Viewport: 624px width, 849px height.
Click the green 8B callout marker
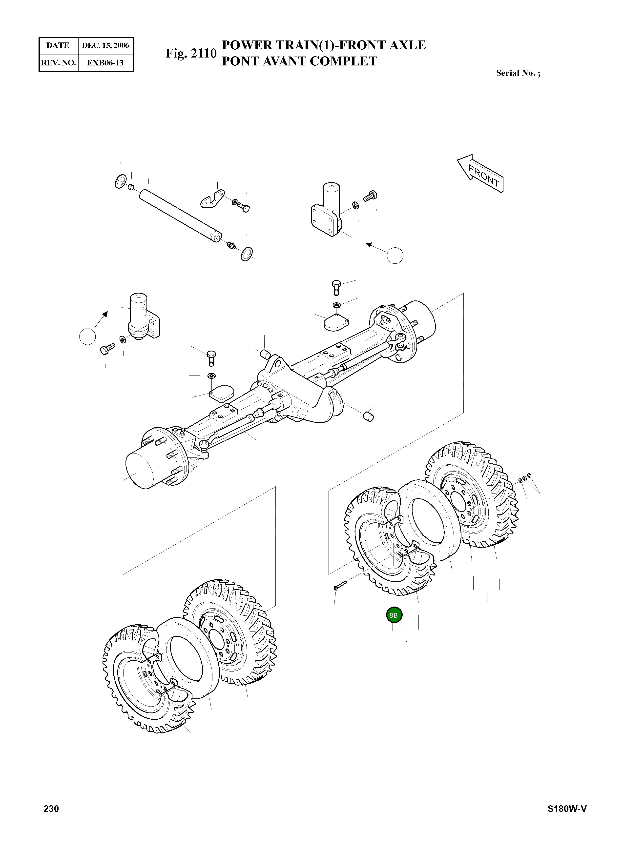tap(394, 615)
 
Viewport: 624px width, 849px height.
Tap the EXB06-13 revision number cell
tap(105, 63)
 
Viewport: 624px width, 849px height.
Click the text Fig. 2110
tap(191, 53)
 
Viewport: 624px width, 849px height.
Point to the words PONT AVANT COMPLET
tap(300, 61)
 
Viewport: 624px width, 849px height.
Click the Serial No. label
tap(518, 73)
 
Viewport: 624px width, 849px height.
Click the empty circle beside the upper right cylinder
tap(395, 256)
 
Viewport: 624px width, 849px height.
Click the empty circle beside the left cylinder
tap(88, 336)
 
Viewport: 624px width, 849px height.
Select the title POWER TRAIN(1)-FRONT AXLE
tap(324, 45)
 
